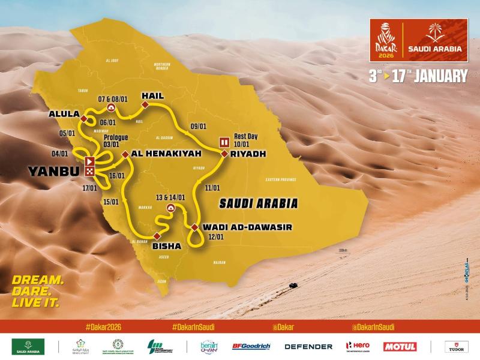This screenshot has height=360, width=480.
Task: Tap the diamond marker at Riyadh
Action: (224, 154)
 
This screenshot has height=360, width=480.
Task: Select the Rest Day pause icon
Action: (224, 142)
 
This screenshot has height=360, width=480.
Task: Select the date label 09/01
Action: (197, 127)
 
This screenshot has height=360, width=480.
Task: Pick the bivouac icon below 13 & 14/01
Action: (170, 208)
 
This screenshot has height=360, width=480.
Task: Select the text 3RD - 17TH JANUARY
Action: (418, 76)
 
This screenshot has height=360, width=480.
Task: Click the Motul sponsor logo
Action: (400, 346)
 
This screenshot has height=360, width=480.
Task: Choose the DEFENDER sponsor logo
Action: (308, 346)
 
